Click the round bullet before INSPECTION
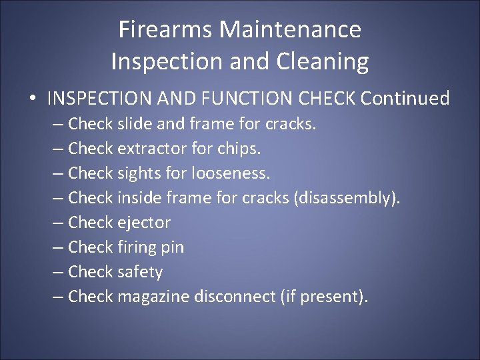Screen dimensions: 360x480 coord(32,99)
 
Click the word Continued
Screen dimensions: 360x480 coord(405,99)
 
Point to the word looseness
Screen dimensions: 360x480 coord(231,173)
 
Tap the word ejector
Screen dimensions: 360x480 coord(144,223)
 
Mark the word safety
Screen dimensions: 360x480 coord(140,272)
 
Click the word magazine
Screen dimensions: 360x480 coord(153,297)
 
